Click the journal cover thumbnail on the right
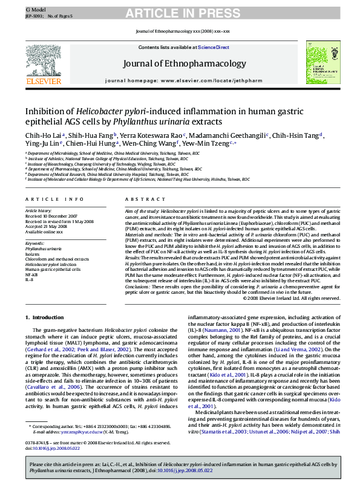[x=324, y=62]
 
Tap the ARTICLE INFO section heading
[x=54, y=199]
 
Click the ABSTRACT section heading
[x=142, y=199]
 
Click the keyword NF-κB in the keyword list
[x=31, y=274]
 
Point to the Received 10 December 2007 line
[x=51, y=216]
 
